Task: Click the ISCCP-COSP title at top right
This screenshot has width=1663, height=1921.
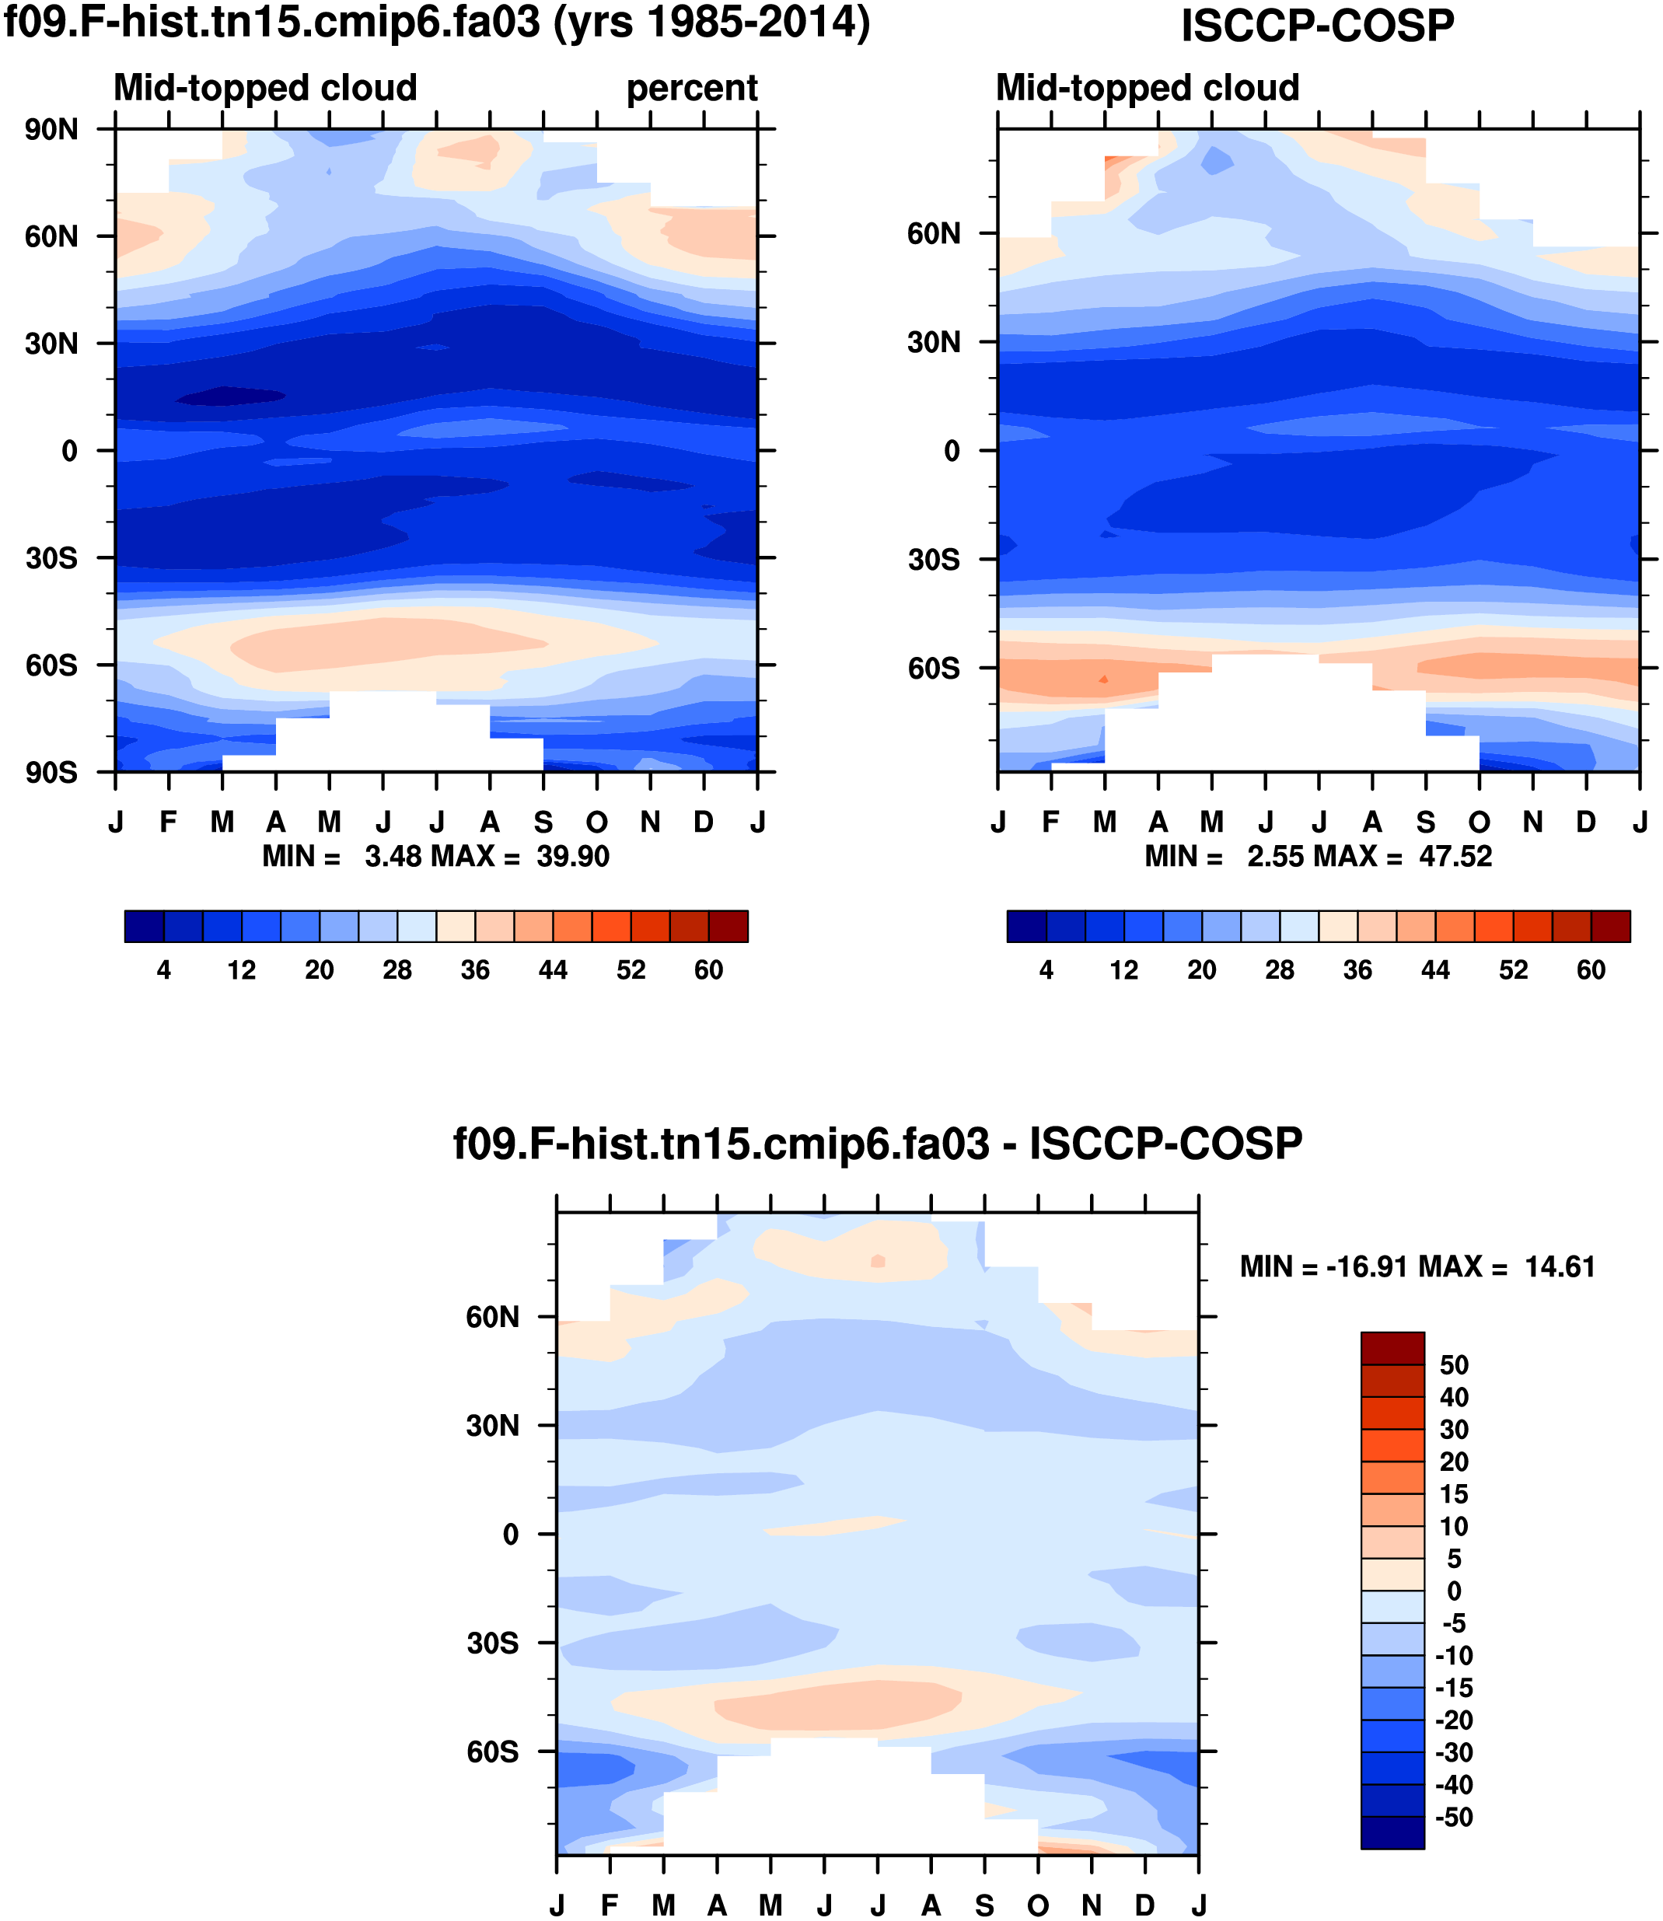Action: [x=1317, y=26]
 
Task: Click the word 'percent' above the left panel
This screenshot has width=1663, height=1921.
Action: [x=691, y=88]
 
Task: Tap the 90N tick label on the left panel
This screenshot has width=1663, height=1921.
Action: [x=52, y=130]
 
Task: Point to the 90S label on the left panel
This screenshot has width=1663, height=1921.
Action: [x=52, y=772]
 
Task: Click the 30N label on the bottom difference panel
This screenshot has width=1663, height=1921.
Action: [x=493, y=1426]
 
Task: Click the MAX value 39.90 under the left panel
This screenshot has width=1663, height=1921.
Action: [x=572, y=856]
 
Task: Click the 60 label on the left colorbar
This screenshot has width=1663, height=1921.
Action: [x=708, y=971]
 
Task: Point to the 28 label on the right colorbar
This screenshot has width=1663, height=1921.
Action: [x=1280, y=971]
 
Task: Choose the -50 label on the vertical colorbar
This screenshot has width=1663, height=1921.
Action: [x=1453, y=1817]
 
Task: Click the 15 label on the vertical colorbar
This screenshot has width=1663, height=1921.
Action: [x=1453, y=1494]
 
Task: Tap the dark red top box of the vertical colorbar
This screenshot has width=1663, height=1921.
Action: [x=1392, y=1348]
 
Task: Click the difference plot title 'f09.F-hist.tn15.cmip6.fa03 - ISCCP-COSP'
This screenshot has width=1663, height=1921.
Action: [x=877, y=1144]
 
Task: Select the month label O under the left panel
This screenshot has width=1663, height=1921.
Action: [x=597, y=823]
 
